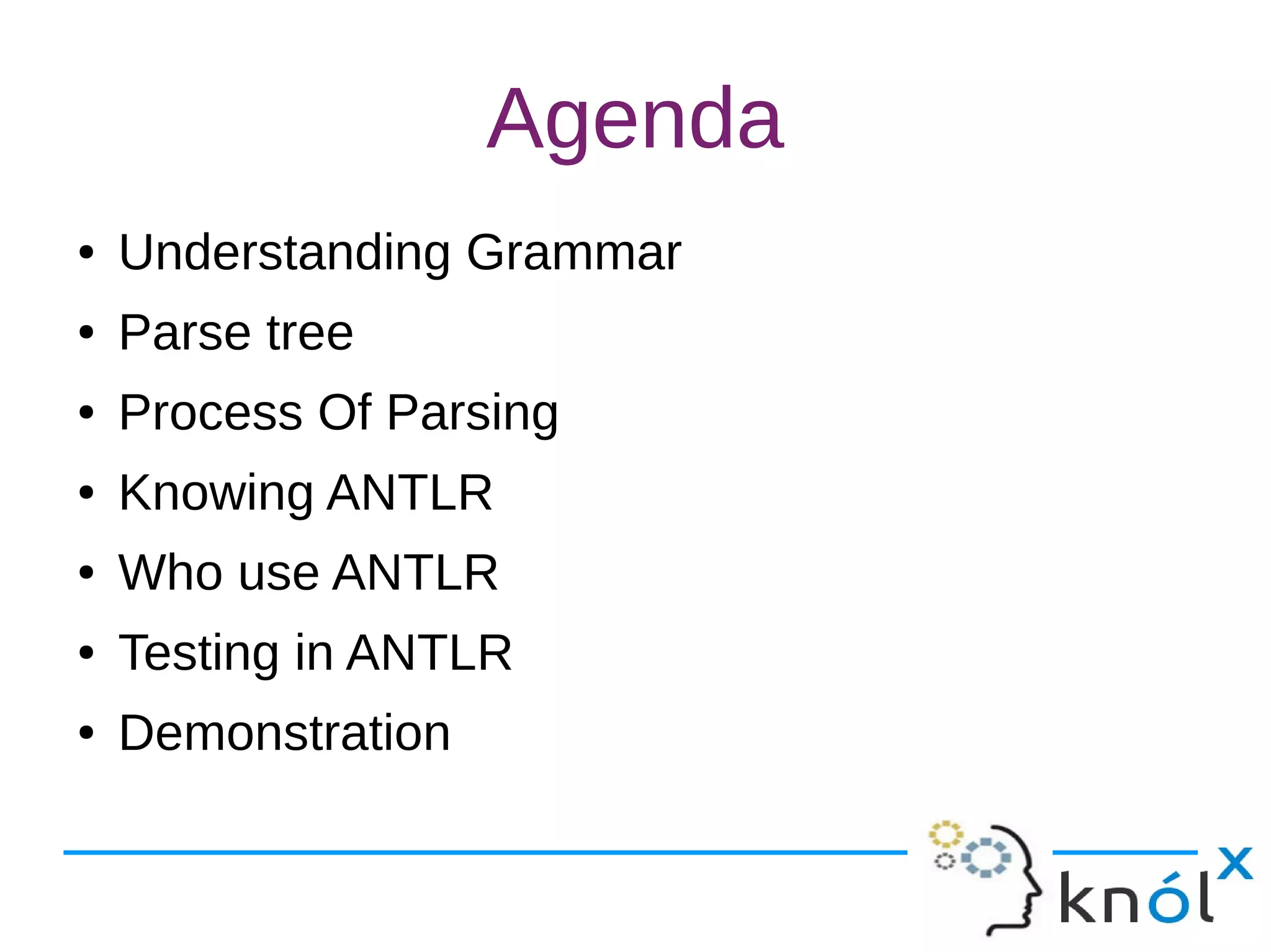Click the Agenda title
[x=635, y=119]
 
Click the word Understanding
[x=284, y=252]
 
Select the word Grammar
[x=573, y=252]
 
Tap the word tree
[x=310, y=333]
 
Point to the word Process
[x=210, y=412]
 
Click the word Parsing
[x=472, y=414]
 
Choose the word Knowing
[x=215, y=493]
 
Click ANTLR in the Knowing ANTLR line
[x=410, y=492]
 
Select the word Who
[x=170, y=572]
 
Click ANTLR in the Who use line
[x=415, y=572]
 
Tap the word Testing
[x=199, y=653]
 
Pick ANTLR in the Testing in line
[x=429, y=652]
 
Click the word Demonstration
[x=284, y=733]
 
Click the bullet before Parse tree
[x=86, y=333]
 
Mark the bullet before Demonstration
[x=86, y=733]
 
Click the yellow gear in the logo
[x=945, y=835]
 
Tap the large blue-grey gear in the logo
[x=986, y=858]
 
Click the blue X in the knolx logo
[x=1234, y=863]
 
